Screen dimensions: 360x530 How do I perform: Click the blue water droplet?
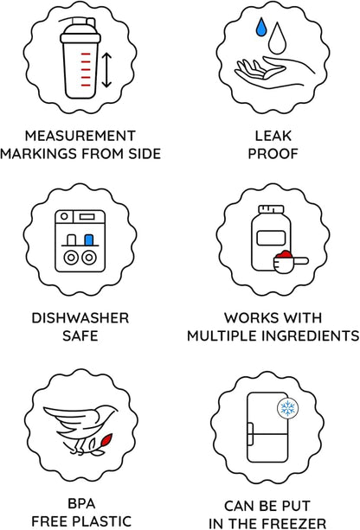[x=261, y=27]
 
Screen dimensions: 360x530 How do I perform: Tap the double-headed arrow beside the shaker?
[x=106, y=70]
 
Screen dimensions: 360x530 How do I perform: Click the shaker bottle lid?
[x=80, y=31]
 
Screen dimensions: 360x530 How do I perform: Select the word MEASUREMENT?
[x=80, y=136]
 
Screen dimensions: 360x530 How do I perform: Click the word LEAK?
[x=273, y=136]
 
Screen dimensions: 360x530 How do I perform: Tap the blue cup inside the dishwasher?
[x=88, y=239]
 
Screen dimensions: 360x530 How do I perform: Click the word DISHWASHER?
[x=80, y=318]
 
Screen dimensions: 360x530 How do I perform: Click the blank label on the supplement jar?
[x=271, y=238]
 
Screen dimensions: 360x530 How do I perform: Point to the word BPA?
[x=81, y=503]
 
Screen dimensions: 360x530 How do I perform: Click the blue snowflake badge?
[x=288, y=408]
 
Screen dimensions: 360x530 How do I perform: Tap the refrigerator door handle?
[x=250, y=433]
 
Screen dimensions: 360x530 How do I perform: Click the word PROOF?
[x=273, y=154]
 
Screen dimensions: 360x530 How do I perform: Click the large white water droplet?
[x=278, y=38]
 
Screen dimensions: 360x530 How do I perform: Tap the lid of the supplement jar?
[x=271, y=209]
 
